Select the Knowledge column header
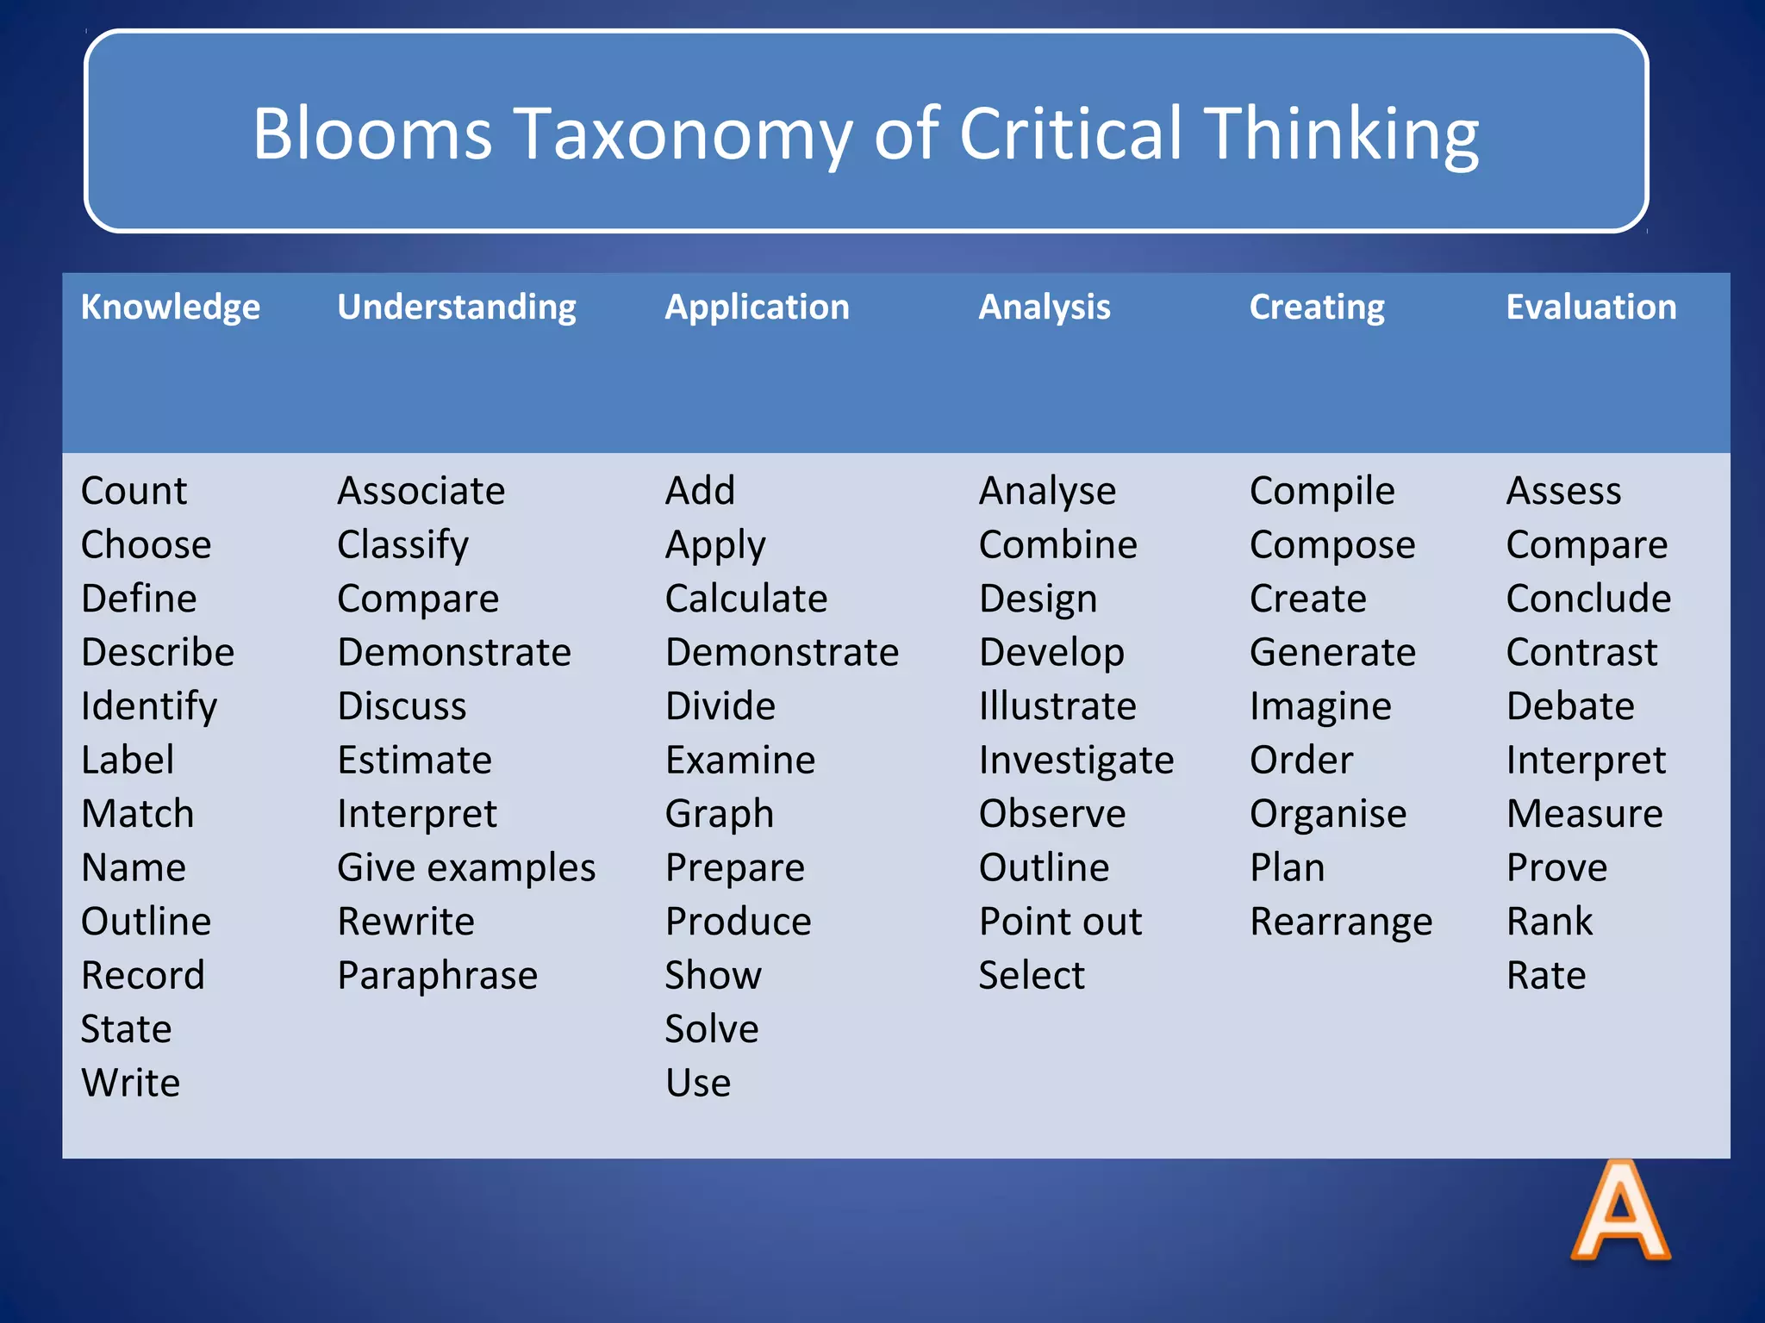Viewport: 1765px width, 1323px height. click(170, 307)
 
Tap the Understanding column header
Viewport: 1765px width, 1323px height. click(456, 307)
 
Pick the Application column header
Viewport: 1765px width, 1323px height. click(757, 307)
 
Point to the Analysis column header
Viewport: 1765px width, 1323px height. click(1044, 307)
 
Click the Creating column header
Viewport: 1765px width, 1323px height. click(1316, 307)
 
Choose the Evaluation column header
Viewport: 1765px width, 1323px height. click(1590, 307)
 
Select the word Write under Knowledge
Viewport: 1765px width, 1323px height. click(130, 1083)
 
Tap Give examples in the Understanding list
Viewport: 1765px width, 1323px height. click(465, 867)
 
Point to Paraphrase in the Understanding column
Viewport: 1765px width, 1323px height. click(437, 975)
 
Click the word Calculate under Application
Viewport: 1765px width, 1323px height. click(745, 599)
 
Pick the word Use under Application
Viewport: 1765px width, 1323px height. click(697, 1083)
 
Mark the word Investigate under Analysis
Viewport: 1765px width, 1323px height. click(1076, 760)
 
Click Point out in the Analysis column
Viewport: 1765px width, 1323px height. click(1059, 922)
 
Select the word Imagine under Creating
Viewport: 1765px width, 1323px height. click(1319, 706)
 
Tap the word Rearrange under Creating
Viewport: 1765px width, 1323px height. click(1340, 922)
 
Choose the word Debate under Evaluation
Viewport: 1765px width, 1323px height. click(1569, 706)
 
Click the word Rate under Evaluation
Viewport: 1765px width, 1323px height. click(1545, 975)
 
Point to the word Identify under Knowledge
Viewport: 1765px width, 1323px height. click(148, 706)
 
